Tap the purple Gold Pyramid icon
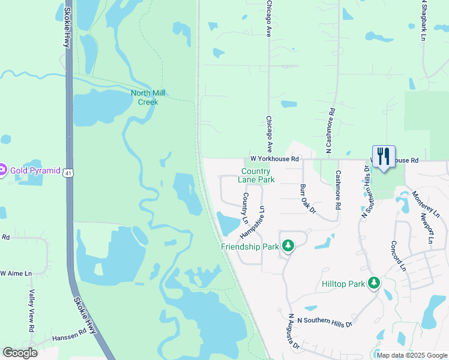pos(3,170)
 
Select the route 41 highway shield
pos(70,172)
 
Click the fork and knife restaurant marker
pos(384,157)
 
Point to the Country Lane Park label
pos(256,175)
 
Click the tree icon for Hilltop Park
pos(375,282)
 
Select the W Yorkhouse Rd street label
pos(275,159)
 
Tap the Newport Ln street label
pos(427,228)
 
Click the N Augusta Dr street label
pos(294,332)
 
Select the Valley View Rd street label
pos(32,311)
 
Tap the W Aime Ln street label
pos(16,274)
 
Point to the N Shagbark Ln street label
pos(424,20)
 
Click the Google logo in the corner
pos(20,353)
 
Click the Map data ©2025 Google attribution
pos(412,355)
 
